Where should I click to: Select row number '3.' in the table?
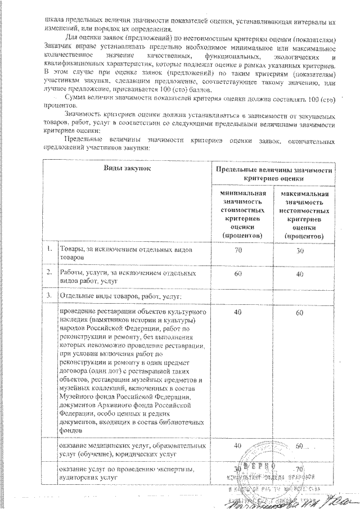(50, 295)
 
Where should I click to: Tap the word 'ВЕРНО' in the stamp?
(260, 467)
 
